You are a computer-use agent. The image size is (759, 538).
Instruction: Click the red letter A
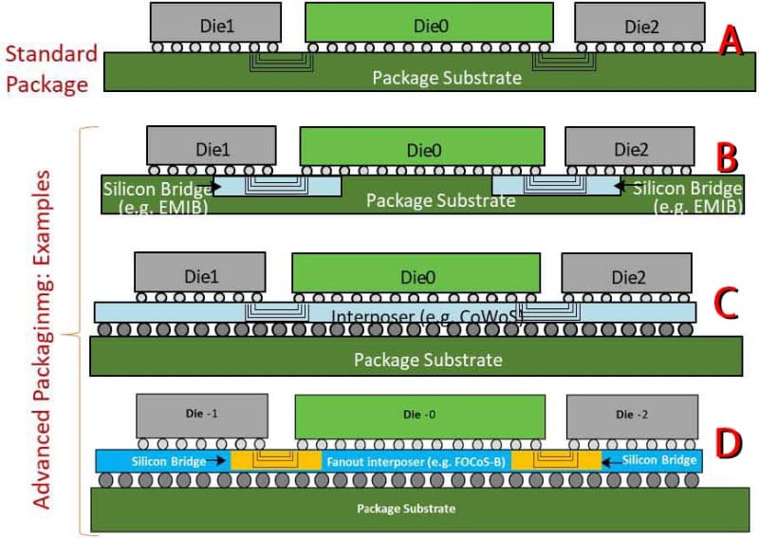tap(729, 41)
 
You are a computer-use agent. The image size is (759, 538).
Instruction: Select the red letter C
tap(727, 302)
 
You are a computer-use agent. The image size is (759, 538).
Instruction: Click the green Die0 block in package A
tap(429, 24)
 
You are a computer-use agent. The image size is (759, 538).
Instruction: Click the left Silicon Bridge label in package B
tap(157, 195)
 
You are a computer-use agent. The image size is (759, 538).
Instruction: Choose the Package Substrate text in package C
tap(427, 360)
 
